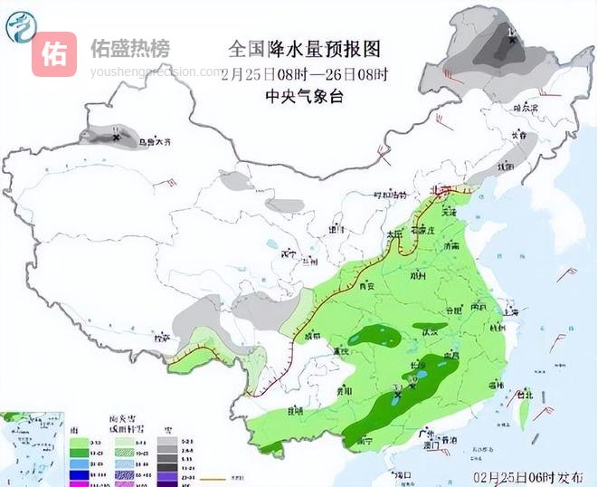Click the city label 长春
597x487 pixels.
(518, 135)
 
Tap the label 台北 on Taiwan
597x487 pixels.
(526, 395)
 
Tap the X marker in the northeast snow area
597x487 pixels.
(512, 39)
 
